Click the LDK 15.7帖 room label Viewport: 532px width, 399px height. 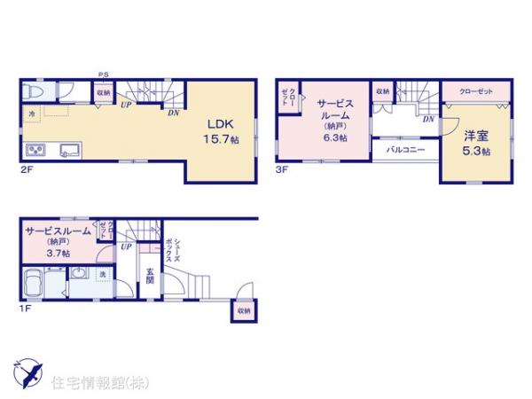pyautogui.click(x=219, y=132)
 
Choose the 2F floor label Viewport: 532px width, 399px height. pyautogui.click(x=26, y=168)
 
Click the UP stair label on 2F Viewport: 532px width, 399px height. pyautogui.click(x=126, y=105)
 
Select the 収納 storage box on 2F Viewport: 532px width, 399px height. pyautogui.click(x=104, y=91)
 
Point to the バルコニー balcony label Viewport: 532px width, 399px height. pyautogui.click(x=404, y=150)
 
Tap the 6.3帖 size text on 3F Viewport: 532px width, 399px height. pyautogui.click(x=335, y=139)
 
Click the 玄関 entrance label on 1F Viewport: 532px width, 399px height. pyautogui.click(x=151, y=277)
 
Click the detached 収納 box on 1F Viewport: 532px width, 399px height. pyautogui.click(x=243, y=310)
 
